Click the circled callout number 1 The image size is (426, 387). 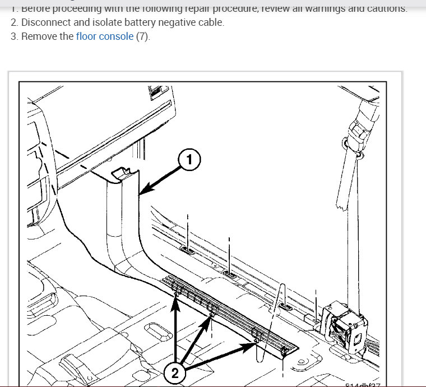(189, 160)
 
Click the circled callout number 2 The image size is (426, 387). (174, 373)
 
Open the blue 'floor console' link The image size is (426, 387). (104, 36)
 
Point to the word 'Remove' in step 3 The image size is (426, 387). (38, 36)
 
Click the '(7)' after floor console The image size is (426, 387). (143, 36)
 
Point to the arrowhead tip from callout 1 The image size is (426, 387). (140, 194)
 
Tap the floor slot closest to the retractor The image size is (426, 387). (285, 307)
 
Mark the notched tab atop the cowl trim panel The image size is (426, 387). (121, 173)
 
